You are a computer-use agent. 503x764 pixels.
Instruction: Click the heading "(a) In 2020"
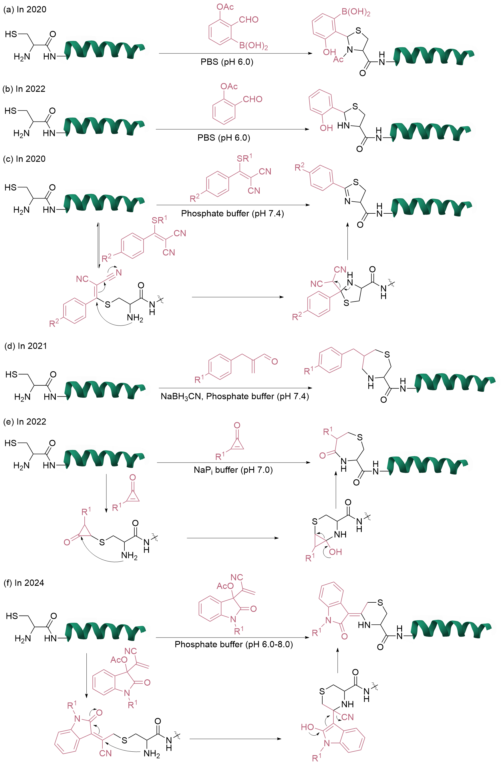pyautogui.click(x=25, y=10)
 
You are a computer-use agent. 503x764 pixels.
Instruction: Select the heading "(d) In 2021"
pyautogui.click(x=26, y=346)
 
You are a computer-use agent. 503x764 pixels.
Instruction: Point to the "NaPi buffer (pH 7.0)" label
pyautogui.click(x=233, y=470)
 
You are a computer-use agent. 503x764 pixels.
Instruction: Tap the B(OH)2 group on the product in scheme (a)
pyautogui.click(x=356, y=12)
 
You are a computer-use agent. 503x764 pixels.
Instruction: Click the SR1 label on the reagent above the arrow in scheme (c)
pyautogui.click(x=244, y=158)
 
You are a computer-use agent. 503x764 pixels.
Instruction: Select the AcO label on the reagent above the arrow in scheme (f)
pyautogui.click(x=225, y=586)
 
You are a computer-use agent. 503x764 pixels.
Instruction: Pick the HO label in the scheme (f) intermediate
pyautogui.click(x=307, y=727)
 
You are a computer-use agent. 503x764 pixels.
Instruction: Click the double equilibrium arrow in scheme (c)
pyautogui.click(x=99, y=246)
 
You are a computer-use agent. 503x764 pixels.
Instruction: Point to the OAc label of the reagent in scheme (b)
pyautogui.click(x=229, y=86)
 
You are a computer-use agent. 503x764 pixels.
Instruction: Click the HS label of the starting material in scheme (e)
pyautogui.click(x=11, y=443)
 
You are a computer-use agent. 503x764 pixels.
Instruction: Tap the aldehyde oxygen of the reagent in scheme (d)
pyautogui.click(x=275, y=362)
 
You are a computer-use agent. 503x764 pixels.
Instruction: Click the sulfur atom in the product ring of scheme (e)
pyautogui.click(x=360, y=437)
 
